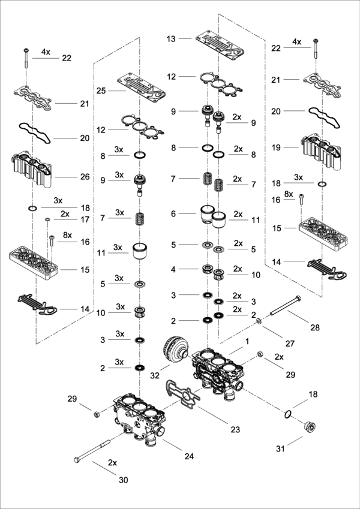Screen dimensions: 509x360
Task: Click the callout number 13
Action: pos(170,38)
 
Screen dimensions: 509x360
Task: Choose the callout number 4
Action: pos(173,269)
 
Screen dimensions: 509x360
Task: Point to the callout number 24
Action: pos(189,456)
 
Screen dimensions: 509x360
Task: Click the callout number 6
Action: pos(173,213)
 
